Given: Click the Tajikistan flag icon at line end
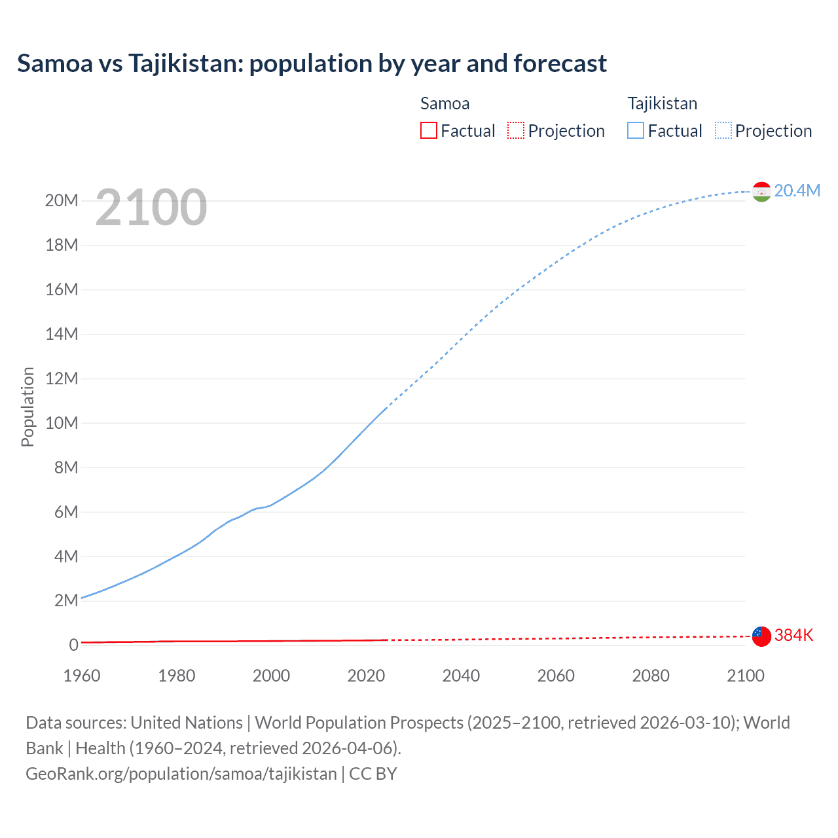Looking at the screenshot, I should point(761,191).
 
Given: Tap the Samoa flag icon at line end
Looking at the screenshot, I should point(761,636).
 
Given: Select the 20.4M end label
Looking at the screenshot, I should point(797,191).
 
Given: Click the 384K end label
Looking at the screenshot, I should point(793,635).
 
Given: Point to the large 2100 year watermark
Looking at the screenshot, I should point(151,208).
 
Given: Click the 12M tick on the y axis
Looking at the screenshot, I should point(62,378).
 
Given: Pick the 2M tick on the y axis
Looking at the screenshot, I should point(65,600).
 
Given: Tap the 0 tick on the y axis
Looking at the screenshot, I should point(73,645).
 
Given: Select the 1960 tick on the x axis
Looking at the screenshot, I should point(82,676).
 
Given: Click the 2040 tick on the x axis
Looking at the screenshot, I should point(461,676).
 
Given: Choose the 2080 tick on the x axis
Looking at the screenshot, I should point(651,676).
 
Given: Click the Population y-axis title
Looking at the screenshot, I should point(27,407).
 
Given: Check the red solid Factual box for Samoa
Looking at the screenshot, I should point(429,131).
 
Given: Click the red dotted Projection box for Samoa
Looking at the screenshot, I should point(516,131).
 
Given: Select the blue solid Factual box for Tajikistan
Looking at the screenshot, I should point(636,131).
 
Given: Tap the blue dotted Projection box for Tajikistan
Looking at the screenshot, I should point(723,131).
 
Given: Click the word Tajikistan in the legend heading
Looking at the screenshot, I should point(662,103).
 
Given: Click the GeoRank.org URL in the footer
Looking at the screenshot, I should point(181,773).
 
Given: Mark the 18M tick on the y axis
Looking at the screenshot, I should point(62,245).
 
